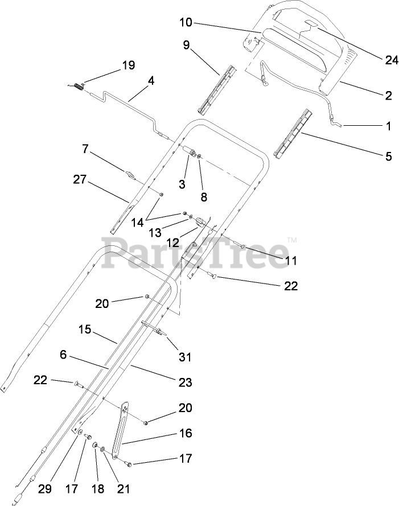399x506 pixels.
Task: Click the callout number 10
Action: tap(186, 23)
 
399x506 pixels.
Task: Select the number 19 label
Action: tap(128, 65)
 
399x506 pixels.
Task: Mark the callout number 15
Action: tap(85, 329)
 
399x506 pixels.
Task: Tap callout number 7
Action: tap(85, 149)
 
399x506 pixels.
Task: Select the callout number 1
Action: tap(388, 126)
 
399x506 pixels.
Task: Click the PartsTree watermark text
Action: tap(199, 250)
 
